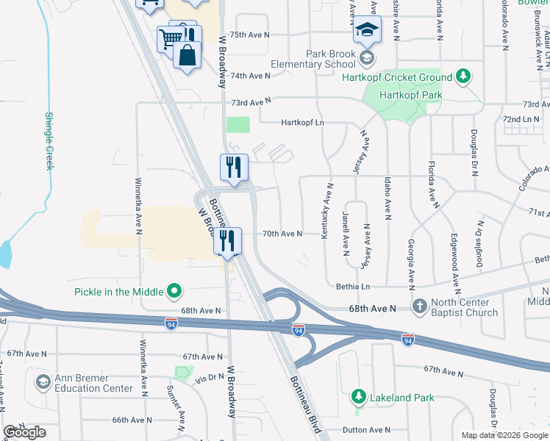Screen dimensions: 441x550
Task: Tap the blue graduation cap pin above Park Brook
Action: tap(366, 31)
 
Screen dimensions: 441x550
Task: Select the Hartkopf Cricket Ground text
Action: tap(404, 77)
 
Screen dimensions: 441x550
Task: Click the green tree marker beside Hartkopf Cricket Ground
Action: tap(463, 76)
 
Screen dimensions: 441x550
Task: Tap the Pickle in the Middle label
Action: tap(118, 291)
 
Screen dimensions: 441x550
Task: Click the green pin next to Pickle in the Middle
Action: tap(174, 291)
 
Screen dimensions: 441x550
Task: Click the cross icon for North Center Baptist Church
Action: tap(419, 305)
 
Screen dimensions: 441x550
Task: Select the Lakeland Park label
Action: tap(402, 398)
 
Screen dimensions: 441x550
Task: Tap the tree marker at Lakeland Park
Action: tap(358, 397)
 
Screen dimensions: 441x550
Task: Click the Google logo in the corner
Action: tap(24, 432)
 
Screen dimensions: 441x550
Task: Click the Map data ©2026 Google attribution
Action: tap(504, 435)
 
